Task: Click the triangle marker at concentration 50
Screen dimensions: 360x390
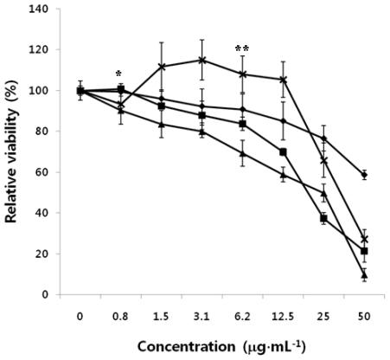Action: pos(364,274)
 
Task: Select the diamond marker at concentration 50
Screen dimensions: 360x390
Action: pos(364,175)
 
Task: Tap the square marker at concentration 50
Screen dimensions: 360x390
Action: pos(364,251)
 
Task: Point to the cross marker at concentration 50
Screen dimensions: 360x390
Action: pos(364,239)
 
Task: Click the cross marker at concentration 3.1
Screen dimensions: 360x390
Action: pos(201,61)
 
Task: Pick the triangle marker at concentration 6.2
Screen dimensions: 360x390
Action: pos(242,153)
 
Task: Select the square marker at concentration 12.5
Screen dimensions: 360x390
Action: pos(283,152)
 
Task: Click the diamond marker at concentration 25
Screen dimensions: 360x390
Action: pos(323,138)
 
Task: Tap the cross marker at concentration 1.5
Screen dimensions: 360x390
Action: pos(161,67)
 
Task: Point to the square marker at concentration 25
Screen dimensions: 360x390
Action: pos(323,219)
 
